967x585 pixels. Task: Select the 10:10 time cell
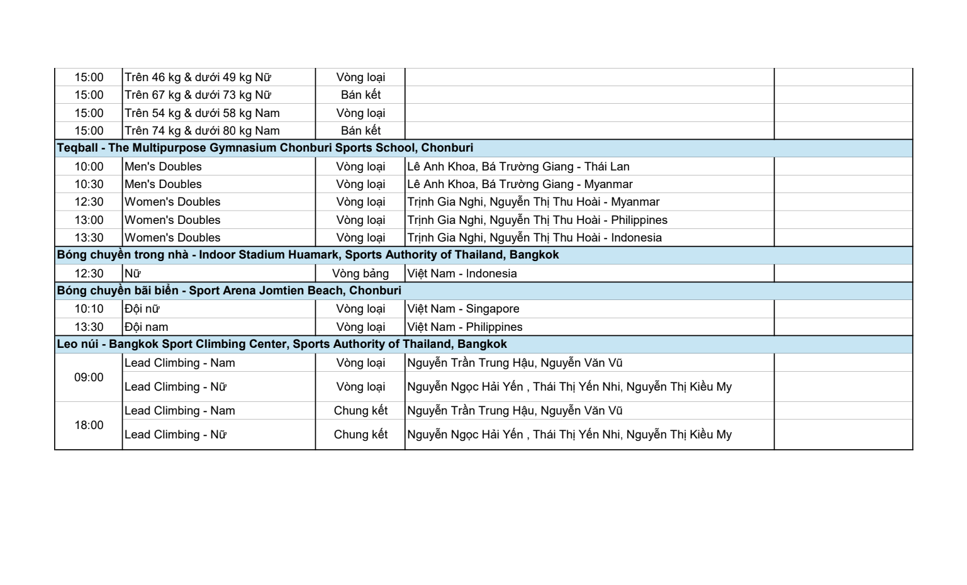tap(89, 309)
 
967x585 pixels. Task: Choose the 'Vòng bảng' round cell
tap(361, 274)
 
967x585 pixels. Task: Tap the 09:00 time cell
tap(89, 377)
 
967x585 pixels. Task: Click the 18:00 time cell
tap(89, 425)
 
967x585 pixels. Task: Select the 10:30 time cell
tap(89, 184)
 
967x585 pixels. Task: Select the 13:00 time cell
tap(89, 220)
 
